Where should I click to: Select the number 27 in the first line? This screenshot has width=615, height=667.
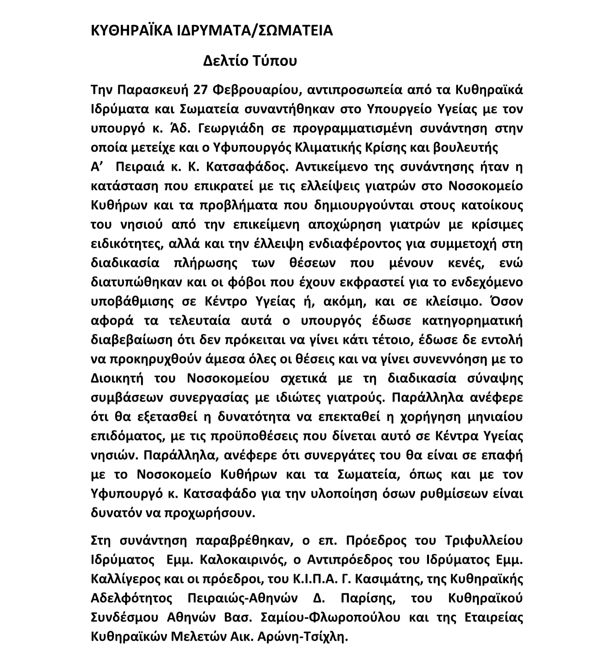click(202, 90)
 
